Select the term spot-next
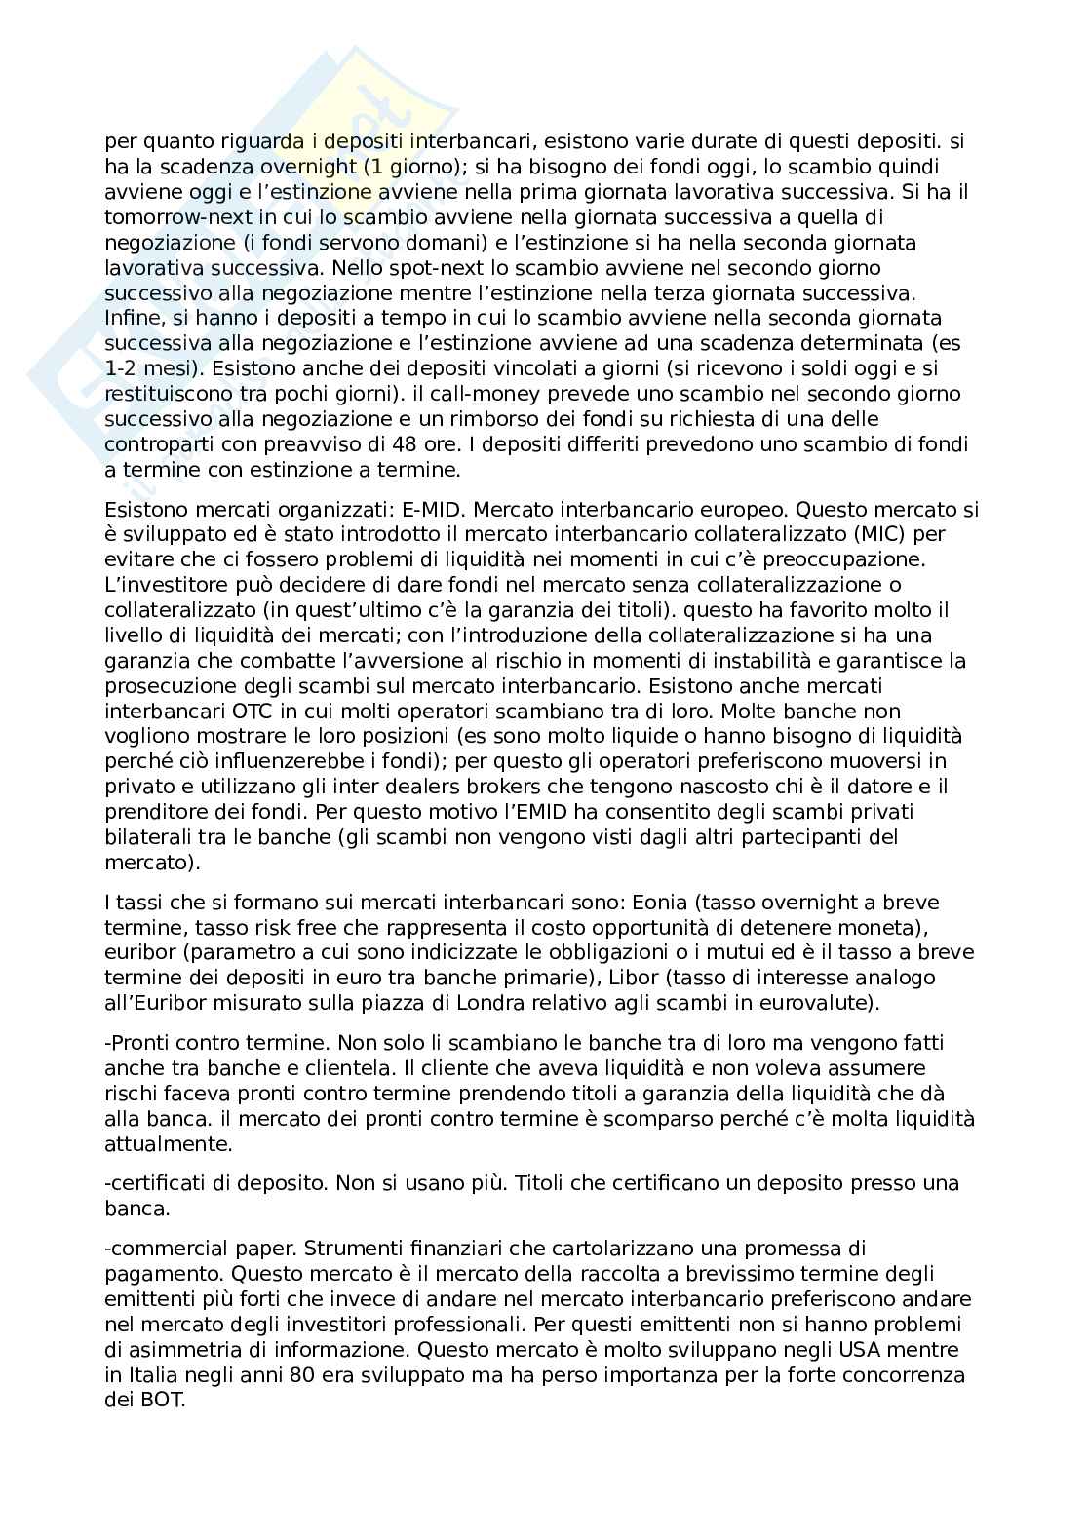point(396,267)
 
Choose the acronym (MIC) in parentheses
point(802,534)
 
